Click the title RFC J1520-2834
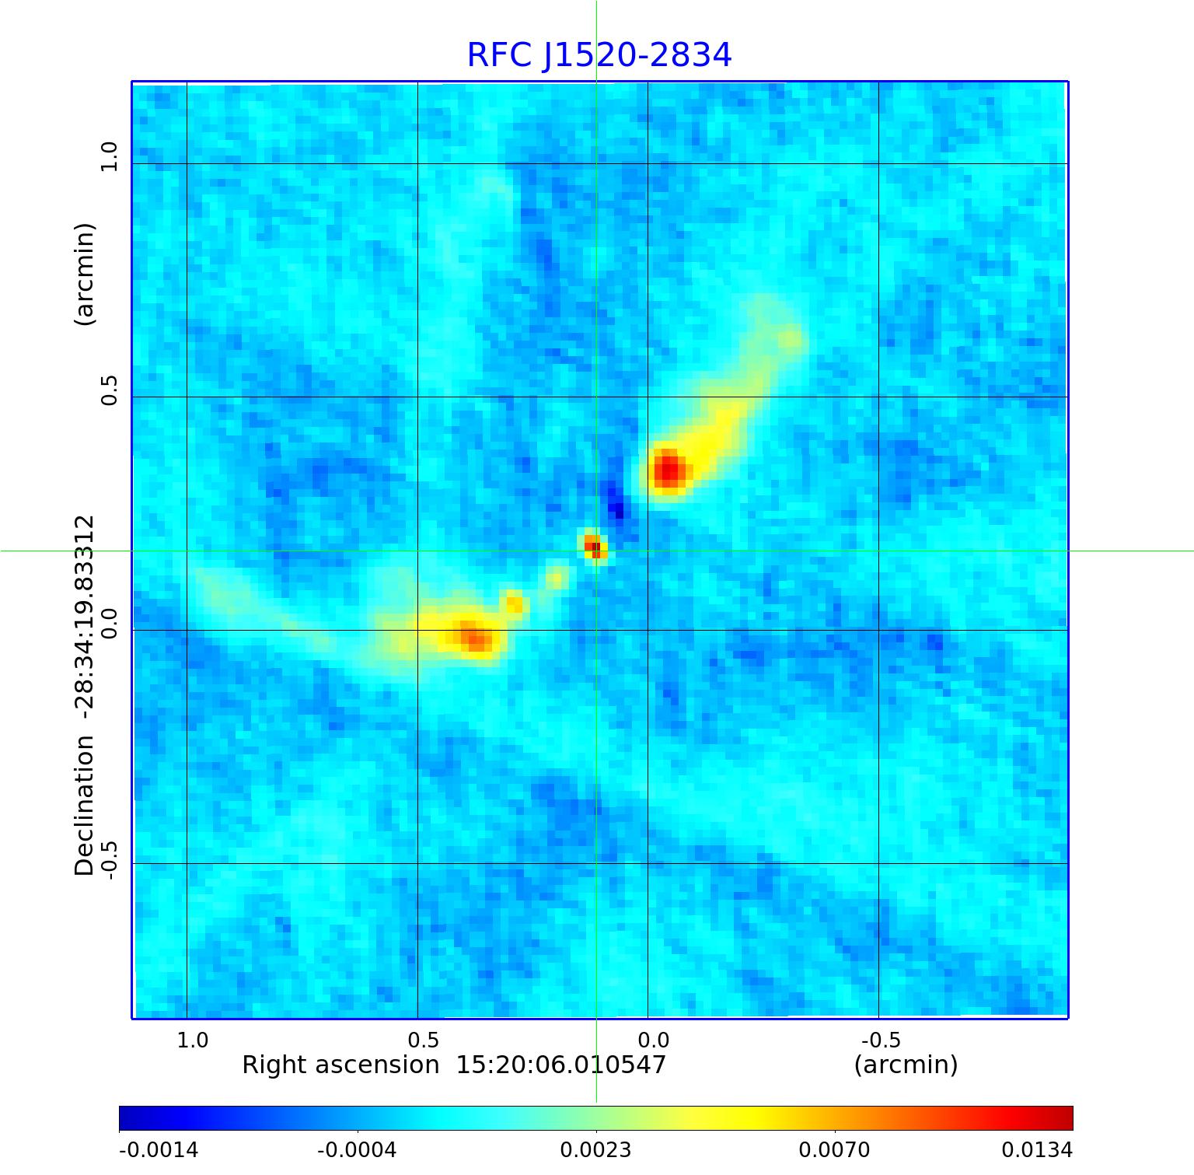[599, 55]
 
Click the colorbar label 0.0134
[1036, 1149]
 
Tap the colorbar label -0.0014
[159, 1149]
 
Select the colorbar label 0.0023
[595, 1149]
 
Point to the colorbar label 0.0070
[834, 1149]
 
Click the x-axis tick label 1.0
[193, 1040]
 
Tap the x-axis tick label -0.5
[881, 1040]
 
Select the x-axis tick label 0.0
[653, 1040]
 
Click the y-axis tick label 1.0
[109, 156]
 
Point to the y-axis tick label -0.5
[109, 860]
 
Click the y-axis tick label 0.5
[109, 390]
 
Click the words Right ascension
[340, 1065]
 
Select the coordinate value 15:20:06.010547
[560, 1065]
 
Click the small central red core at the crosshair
[595, 548]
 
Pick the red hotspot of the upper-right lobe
[668, 469]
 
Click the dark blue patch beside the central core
[617, 505]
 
